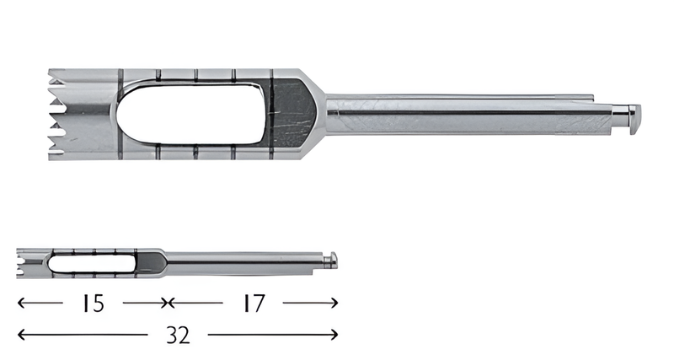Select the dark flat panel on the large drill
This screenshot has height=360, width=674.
[x=292, y=111]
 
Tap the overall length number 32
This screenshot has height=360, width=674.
[x=177, y=336]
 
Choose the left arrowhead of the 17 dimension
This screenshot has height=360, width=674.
[x=172, y=303]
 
